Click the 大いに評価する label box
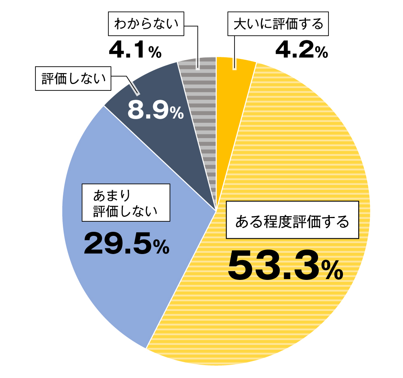pos(278,25)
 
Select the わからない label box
pos(146,24)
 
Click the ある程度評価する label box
pos(292,220)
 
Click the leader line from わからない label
pos(197,44)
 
